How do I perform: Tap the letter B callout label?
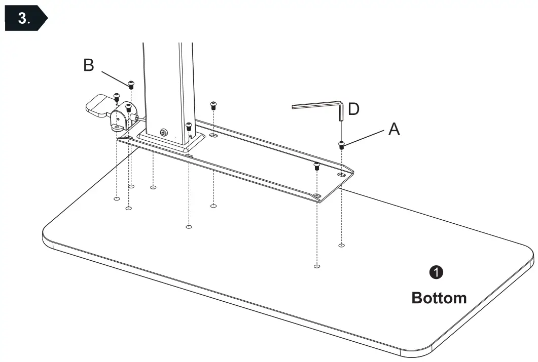tap(89, 66)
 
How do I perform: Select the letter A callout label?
tap(394, 130)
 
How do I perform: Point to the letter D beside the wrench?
tap(354, 109)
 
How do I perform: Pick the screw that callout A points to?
tap(341, 145)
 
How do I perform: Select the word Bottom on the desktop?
tap(439, 298)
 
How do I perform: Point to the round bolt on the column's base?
tap(164, 132)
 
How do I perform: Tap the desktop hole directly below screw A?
tap(341, 246)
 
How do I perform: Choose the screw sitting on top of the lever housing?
tap(128, 106)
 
